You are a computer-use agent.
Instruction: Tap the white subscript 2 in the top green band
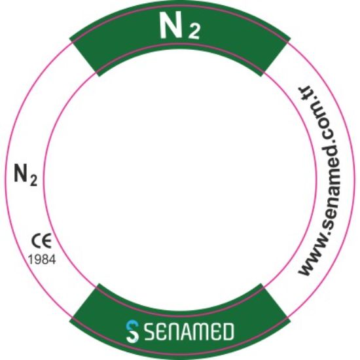[x=194, y=31]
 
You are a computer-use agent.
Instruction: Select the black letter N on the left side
[x=22, y=173]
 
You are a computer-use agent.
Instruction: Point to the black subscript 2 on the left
[x=33, y=181]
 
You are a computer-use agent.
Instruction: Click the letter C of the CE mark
[x=36, y=241]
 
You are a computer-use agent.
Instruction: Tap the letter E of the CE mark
[x=47, y=241]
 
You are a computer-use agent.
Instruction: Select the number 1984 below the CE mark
[x=42, y=259]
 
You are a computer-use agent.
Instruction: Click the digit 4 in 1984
[x=52, y=259]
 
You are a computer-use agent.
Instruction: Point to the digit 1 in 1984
[x=30, y=259]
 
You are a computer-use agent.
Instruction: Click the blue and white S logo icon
[x=132, y=331]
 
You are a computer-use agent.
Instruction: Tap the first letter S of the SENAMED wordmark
[x=151, y=331]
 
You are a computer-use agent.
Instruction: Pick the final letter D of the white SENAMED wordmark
[x=228, y=331]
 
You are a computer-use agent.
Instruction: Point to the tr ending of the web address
[x=304, y=93]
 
